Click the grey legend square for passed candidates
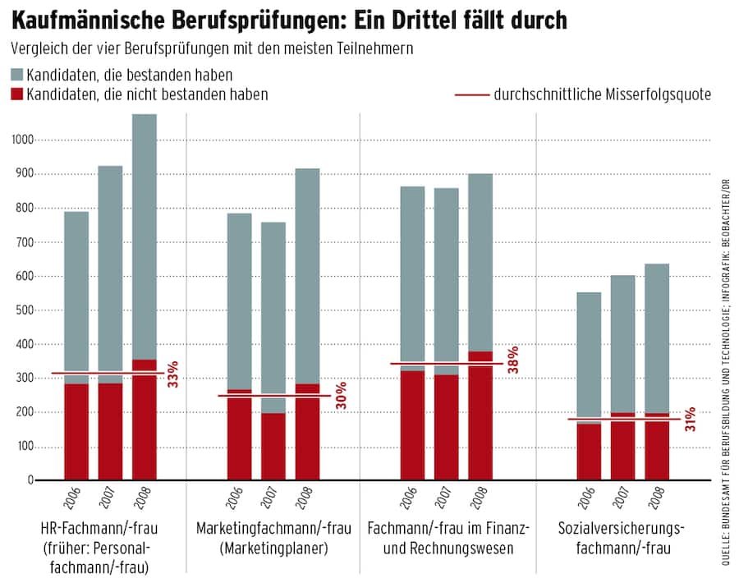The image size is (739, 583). pyautogui.click(x=16, y=76)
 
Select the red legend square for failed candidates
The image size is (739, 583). pyautogui.click(x=16, y=94)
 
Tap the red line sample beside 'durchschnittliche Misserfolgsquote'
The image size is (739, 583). pyautogui.click(x=470, y=95)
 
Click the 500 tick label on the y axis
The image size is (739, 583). pyautogui.click(x=22, y=310)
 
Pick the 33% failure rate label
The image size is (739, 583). pyautogui.click(x=173, y=374)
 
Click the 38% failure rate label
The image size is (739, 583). pyautogui.click(x=514, y=360)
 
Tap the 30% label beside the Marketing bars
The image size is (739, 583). pyautogui.click(x=340, y=396)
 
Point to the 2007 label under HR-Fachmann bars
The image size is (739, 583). pyautogui.click(x=111, y=498)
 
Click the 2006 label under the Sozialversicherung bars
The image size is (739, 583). pyautogui.click(x=589, y=498)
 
